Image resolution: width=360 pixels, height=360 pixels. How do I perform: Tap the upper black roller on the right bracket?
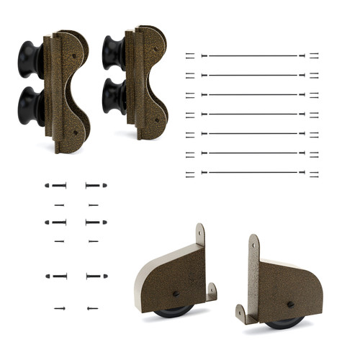pos(114,52)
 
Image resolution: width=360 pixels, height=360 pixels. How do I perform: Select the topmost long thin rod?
pos(252,55)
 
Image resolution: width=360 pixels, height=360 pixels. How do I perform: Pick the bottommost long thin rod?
pos(252,172)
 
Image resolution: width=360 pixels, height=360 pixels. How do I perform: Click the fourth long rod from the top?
pos(252,114)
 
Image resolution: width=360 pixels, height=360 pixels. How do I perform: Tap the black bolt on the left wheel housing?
pos(176,293)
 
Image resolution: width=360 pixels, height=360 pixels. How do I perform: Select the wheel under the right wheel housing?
pos(285,323)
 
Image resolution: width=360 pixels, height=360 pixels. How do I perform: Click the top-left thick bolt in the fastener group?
pos(56,185)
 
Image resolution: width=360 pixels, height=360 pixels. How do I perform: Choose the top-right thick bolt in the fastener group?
pos(96,185)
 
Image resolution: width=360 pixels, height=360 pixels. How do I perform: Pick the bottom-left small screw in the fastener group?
pos(59,308)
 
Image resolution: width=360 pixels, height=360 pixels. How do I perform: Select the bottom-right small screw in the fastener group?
pos(92,308)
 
